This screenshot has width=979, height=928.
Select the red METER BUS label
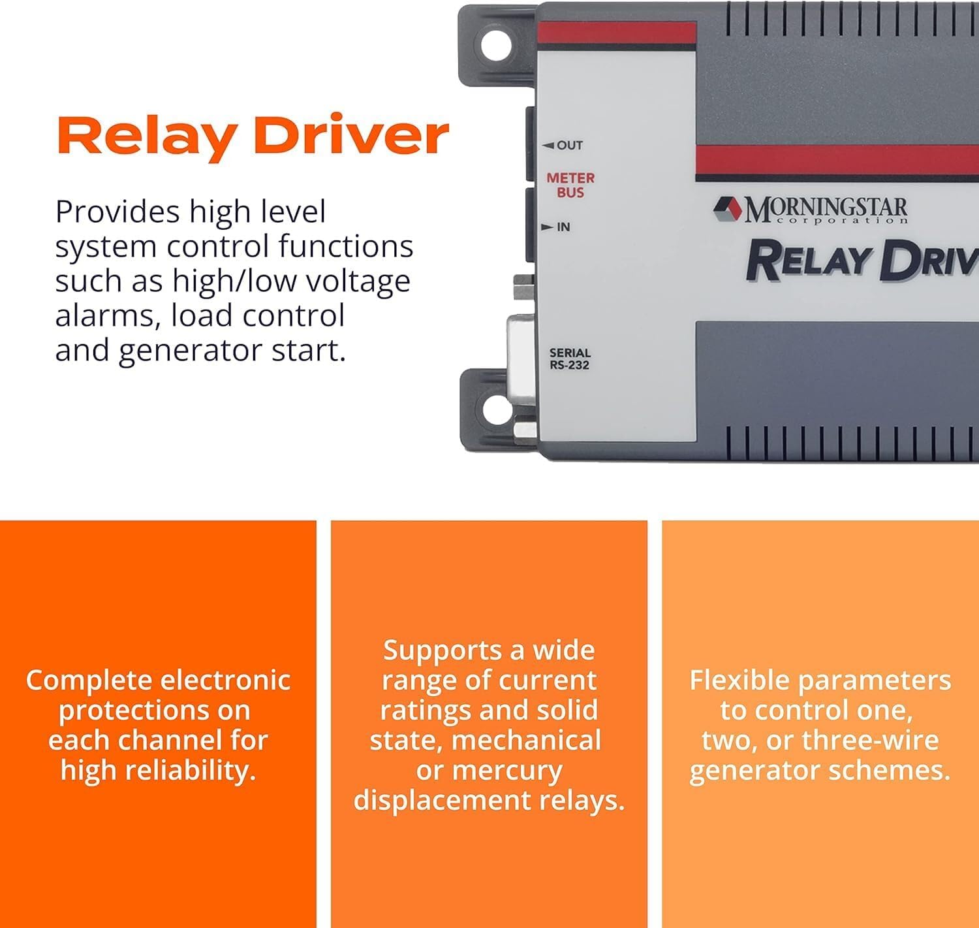point(570,185)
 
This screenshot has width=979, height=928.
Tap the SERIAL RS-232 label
point(569,359)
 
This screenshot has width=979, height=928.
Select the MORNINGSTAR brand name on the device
point(826,210)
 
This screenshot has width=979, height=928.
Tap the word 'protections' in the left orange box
point(155,711)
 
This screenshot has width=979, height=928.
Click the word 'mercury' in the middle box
point(489,771)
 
